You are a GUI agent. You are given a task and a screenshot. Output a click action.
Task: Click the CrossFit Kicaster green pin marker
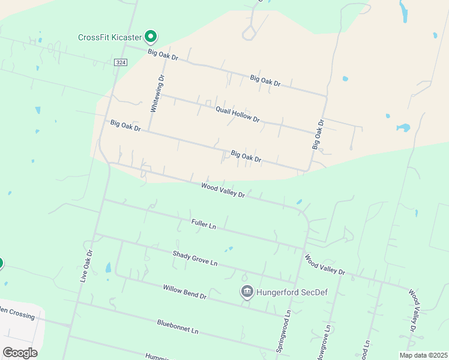pyautogui.click(x=151, y=37)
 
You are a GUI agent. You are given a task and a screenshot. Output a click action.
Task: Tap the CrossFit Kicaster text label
pyautogui.click(x=111, y=37)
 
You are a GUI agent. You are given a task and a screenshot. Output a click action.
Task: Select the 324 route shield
pyautogui.click(x=121, y=62)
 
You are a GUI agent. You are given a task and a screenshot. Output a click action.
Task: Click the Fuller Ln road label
pyautogui.click(x=203, y=224)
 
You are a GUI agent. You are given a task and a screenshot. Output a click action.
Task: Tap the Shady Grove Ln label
pyautogui.click(x=194, y=259)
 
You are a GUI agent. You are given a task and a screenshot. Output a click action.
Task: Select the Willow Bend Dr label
pyautogui.click(x=184, y=292)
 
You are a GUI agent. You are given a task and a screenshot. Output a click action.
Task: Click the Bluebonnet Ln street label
pyautogui.click(x=177, y=327)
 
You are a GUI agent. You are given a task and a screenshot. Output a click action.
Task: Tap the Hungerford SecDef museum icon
pyautogui.click(x=247, y=293)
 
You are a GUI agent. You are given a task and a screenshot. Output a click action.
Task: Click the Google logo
pyautogui.click(x=20, y=352)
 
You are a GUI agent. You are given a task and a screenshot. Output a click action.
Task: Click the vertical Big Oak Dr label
pyautogui.click(x=318, y=134)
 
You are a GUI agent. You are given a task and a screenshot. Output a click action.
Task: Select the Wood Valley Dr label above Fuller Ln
pyautogui.click(x=223, y=191)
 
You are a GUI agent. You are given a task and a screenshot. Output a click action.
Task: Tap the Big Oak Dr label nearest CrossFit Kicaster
pyautogui.click(x=163, y=54)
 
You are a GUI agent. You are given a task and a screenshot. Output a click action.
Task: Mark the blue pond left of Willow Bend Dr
pyautogui.click(x=109, y=268)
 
